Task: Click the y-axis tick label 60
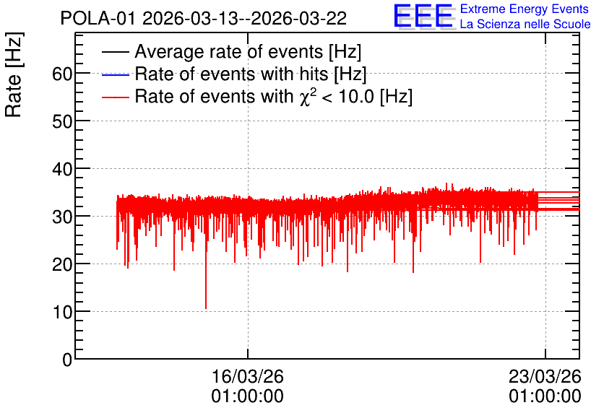62,74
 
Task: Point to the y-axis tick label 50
62,121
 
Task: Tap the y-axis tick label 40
62,169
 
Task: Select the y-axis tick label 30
62,217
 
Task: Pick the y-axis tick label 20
62,264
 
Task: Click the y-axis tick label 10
62,312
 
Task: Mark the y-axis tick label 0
67,360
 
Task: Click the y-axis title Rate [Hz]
14,74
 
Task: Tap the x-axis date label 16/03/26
247,376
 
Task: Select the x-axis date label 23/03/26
545,376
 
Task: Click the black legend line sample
115,52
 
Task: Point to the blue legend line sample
115,74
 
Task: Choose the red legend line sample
115,97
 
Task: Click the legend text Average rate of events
229,51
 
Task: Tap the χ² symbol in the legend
305,97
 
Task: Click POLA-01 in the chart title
98,18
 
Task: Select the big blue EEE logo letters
423,16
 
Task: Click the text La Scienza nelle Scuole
525,24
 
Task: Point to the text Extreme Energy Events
525,9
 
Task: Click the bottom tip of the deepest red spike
206,309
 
